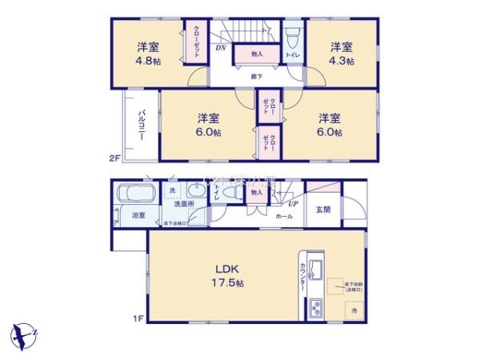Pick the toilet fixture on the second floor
click(293, 38)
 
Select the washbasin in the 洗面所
click(194, 191)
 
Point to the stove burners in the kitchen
click(314, 307)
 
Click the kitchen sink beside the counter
click(315, 268)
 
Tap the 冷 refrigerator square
click(354, 308)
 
